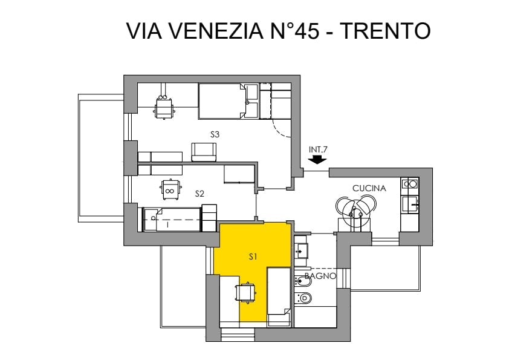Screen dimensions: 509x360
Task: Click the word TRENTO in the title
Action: [386, 31]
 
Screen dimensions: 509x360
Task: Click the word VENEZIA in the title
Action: [216, 31]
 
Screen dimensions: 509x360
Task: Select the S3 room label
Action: [215, 134]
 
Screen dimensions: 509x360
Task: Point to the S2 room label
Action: [199, 194]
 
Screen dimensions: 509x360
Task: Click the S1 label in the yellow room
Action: [253, 257]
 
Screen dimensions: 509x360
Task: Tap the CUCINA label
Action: [369, 188]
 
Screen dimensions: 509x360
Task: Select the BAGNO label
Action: [320, 276]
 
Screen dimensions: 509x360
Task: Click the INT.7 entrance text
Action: [318, 149]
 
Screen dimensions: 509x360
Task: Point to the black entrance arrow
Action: [318, 160]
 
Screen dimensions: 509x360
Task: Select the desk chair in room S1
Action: [246, 293]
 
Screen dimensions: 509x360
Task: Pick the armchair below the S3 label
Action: [204, 152]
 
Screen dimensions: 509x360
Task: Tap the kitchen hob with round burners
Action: [410, 184]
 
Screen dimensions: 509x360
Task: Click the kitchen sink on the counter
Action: [410, 204]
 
